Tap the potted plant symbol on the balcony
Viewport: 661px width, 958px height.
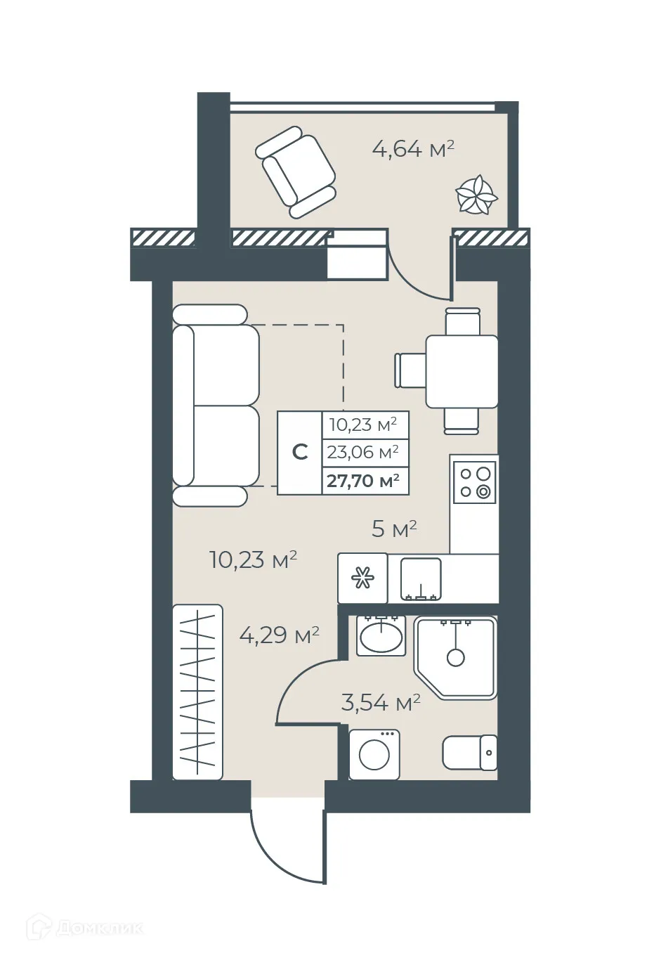click(477, 194)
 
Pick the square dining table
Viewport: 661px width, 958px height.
click(462, 371)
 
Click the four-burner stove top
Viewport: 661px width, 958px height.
click(475, 482)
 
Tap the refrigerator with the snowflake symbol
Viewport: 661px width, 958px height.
click(362, 578)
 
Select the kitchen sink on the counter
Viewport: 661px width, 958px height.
click(421, 580)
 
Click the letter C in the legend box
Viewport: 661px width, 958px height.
click(300, 452)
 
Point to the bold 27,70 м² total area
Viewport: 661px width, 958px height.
click(363, 481)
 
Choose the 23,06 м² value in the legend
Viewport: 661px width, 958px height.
click(363, 452)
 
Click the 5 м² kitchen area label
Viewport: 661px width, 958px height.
click(394, 529)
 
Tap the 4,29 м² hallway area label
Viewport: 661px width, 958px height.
click(280, 635)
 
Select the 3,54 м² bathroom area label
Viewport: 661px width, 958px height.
click(381, 702)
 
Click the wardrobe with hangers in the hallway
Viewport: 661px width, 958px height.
click(197, 692)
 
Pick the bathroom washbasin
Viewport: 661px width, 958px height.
click(381, 637)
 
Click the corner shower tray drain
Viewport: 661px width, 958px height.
click(456, 658)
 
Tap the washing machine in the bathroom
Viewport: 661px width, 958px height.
click(374, 754)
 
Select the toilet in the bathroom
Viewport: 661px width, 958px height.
click(469, 753)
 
